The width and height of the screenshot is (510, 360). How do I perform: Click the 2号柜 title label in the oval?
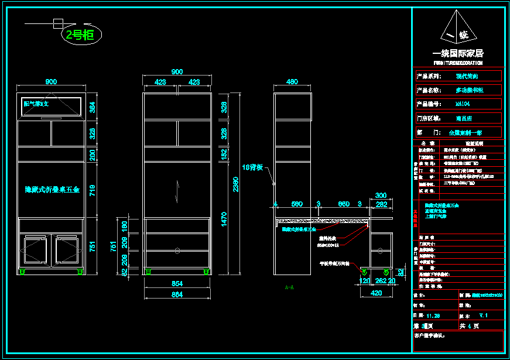pyautogui.click(x=80, y=35)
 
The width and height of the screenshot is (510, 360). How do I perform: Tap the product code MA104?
pyautogui.click(x=463, y=104)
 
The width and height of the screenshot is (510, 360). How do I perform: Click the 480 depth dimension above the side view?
pyautogui.click(x=292, y=82)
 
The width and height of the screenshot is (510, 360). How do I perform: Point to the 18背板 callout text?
pyautogui.click(x=253, y=167)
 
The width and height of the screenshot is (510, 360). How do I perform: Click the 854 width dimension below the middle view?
pyautogui.click(x=177, y=284)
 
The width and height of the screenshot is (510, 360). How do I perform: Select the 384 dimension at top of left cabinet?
pyautogui.click(x=91, y=107)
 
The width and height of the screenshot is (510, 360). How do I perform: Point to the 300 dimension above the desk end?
pyautogui.click(x=381, y=196)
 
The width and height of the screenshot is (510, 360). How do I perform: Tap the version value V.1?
pyautogui.click(x=483, y=315)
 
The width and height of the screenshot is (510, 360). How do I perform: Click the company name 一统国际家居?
pyautogui.click(x=458, y=53)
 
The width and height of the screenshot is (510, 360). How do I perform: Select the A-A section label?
pyautogui.click(x=289, y=287)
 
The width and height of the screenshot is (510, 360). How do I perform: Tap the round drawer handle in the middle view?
pyautogui.click(x=177, y=251)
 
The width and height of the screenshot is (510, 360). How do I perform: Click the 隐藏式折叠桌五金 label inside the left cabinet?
pyautogui.click(x=52, y=190)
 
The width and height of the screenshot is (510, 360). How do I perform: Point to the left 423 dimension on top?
pyautogui.click(x=160, y=82)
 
